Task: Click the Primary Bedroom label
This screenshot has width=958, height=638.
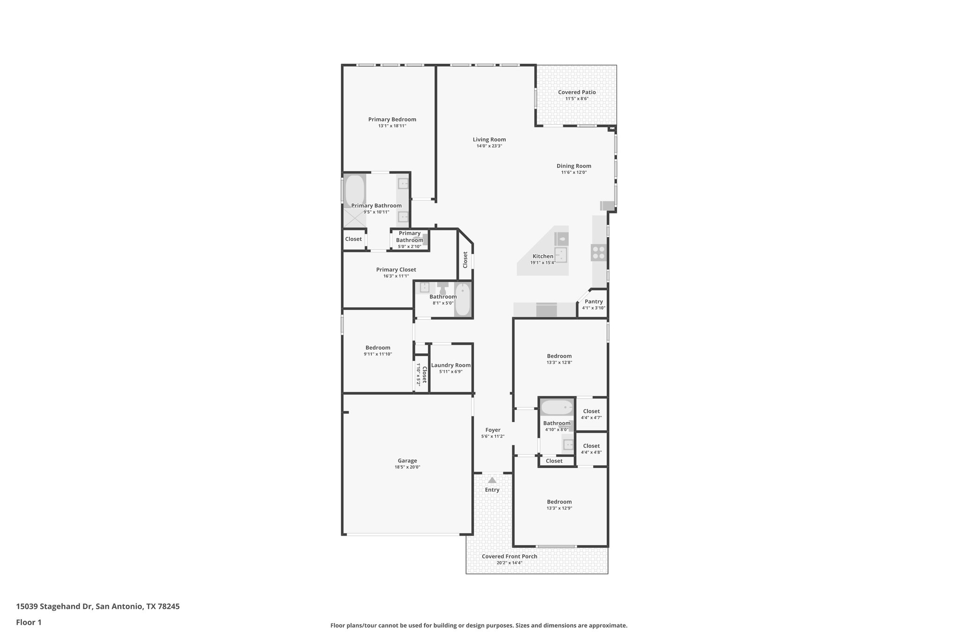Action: [x=392, y=119]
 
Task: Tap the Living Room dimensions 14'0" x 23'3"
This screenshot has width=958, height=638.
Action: [x=489, y=146]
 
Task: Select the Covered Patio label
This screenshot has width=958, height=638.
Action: [x=576, y=92]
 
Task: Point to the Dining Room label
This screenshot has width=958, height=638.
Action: [x=573, y=166]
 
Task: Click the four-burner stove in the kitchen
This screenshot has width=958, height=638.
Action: [x=598, y=253]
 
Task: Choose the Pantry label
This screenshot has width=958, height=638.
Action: [x=594, y=301]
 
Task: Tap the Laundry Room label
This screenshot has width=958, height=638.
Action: [x=450, y=365]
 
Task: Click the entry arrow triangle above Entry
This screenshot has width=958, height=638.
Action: [x=492, y=480]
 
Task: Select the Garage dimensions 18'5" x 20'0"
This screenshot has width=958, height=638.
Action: [x=407, y=467]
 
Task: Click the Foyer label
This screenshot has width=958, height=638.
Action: [x=493, y=430]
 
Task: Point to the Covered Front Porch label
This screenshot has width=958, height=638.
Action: [x=509, y=556]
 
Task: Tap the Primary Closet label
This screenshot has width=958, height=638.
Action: [x=396, y=270]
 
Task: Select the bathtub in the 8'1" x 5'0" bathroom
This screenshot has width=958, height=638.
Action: [x=463, y=300]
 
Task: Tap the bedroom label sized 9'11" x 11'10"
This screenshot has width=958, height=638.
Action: [x=377, y=348]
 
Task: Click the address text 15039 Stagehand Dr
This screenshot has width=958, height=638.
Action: [x=55, y=606]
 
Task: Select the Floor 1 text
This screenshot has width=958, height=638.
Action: [x=29, y=622]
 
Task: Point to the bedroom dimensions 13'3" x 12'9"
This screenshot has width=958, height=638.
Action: [x=559, y=508]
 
